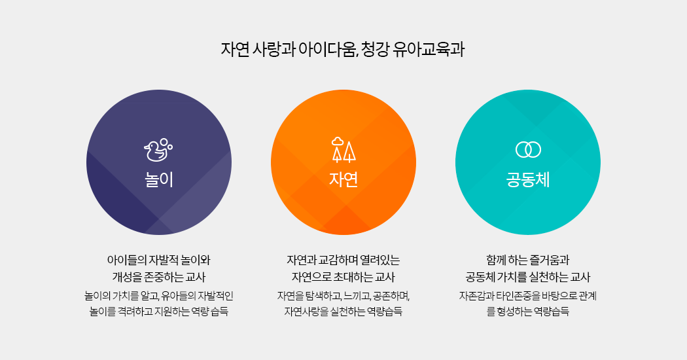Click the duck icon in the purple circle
(158, 151)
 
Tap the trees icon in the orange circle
(343, 150)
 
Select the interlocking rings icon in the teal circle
(528, 149)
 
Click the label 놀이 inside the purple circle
(159, 180)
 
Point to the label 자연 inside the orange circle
(343, 179)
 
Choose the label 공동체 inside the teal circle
(528, 180)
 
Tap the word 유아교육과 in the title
(429, 49)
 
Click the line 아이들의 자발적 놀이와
(158, 260)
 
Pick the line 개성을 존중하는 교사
(158, 277)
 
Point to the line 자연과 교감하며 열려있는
(343, 260)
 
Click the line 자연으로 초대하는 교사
(343, 277)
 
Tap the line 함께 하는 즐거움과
(528, 260)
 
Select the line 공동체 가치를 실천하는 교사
(528, 277)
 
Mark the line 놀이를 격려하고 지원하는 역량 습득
(159, 312)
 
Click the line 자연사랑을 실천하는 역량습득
(343, 312)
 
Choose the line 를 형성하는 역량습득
(528, 312)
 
